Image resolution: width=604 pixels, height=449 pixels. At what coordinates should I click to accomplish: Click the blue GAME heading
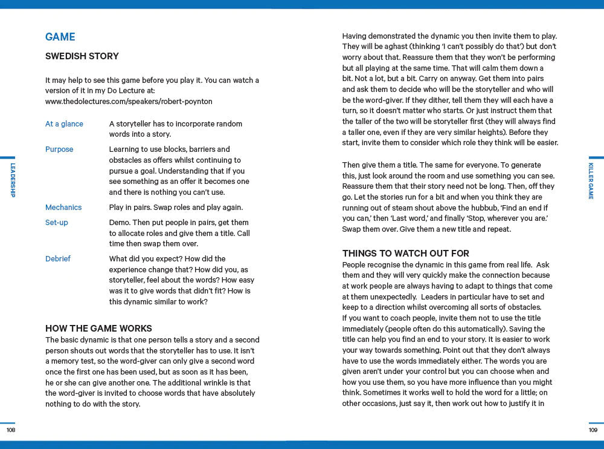click(60, 37)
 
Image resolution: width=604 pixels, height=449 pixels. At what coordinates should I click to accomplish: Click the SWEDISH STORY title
click(82, 56)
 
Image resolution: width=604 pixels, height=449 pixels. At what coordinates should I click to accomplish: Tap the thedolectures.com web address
click(129, 102)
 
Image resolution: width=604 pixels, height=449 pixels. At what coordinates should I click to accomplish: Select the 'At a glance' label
click(64, 124)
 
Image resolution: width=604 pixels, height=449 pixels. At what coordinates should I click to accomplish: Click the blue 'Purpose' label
click(59, 149)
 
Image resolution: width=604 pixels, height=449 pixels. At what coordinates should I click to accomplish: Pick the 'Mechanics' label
click(63, 208)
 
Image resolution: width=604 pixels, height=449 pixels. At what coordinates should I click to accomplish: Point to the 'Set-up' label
click(57, 223)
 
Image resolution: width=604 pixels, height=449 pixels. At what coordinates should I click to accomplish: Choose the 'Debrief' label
click(58, 259)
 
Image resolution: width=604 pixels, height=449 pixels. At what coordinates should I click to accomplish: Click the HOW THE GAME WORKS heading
click(98, 329)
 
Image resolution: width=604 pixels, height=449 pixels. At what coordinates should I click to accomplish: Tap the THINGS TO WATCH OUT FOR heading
click(406, 254)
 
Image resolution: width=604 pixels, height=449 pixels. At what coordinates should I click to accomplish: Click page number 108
click(11, 430)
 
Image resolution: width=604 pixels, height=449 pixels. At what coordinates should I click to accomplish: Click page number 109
click(593, 430)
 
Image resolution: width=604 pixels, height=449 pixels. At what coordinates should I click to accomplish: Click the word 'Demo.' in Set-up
click(120, 223)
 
